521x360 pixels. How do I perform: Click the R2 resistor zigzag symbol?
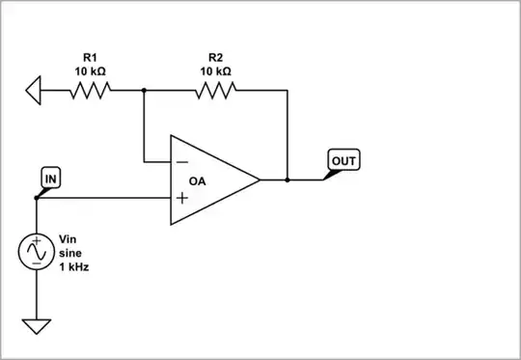215,91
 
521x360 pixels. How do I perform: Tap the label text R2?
215,57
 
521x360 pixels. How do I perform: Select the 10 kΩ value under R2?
215,70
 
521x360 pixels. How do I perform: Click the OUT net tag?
343,159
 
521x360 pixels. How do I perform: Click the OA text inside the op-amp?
198,180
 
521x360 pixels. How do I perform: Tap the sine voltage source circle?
36,252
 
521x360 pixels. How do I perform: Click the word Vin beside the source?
68,238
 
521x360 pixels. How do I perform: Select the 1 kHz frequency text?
74,265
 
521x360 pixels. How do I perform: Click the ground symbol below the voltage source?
36,326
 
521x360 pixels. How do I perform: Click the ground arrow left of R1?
34,91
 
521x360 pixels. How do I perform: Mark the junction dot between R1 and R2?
144,91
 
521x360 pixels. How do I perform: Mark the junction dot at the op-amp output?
288,180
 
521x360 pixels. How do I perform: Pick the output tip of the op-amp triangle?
259,180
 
